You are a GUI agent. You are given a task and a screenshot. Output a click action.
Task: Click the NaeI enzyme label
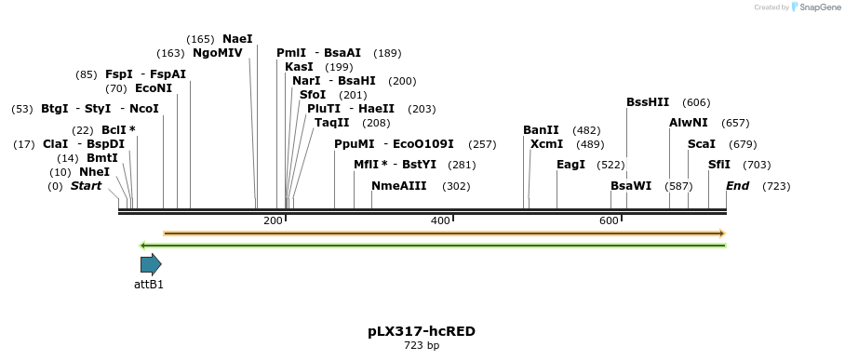pos(237,39)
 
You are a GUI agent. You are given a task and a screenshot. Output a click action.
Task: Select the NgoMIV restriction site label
pos(217,53)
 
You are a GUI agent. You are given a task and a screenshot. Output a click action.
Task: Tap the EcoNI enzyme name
pos(154,88)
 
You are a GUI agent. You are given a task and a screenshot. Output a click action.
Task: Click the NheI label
pos(94,172)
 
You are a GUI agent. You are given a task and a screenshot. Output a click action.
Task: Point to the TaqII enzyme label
pos(331,123)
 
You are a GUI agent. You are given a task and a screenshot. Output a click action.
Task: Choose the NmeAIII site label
pos(398,186)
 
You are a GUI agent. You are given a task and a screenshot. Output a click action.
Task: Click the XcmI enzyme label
pos(546,144)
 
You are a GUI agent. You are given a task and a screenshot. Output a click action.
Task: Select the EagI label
pos(570,165)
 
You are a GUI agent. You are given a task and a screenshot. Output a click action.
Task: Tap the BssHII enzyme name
pos(648,102)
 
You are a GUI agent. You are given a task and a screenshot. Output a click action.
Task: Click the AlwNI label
pos(688,123)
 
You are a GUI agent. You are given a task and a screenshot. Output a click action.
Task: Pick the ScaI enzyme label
pos(701,144)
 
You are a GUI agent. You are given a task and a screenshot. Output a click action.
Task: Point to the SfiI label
pos(718,165)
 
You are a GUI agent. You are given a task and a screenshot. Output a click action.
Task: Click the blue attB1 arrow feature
pos(151,264)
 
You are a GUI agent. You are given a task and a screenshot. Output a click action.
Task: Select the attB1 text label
pos(149,285)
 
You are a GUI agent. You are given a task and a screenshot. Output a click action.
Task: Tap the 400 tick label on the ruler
pos(440,220)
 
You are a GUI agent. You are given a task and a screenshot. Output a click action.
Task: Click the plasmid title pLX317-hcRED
pos(422,331)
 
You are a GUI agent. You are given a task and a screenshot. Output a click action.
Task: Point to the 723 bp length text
pos(422,346)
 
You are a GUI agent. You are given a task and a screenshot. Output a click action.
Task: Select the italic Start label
pos(86,186)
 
